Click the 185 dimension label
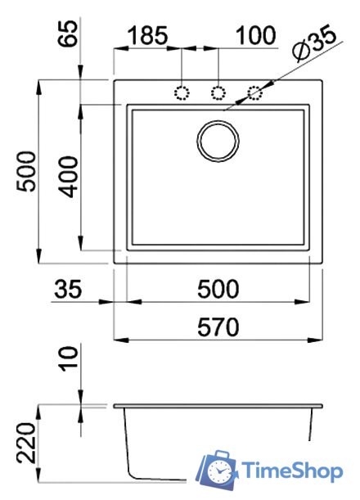(x=147, y=35)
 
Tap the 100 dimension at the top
(x=256, y=35)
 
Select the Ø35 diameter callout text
(x=315, y=45)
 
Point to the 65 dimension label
(x=68, y=34)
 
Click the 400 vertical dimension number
(x=68, y=177)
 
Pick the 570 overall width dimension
(x=218, y=327)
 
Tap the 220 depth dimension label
(x=27, y=444)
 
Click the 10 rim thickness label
(x=68, y=358)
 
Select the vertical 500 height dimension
(x=27, y=172)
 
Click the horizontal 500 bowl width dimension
(x=218, y=289)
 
